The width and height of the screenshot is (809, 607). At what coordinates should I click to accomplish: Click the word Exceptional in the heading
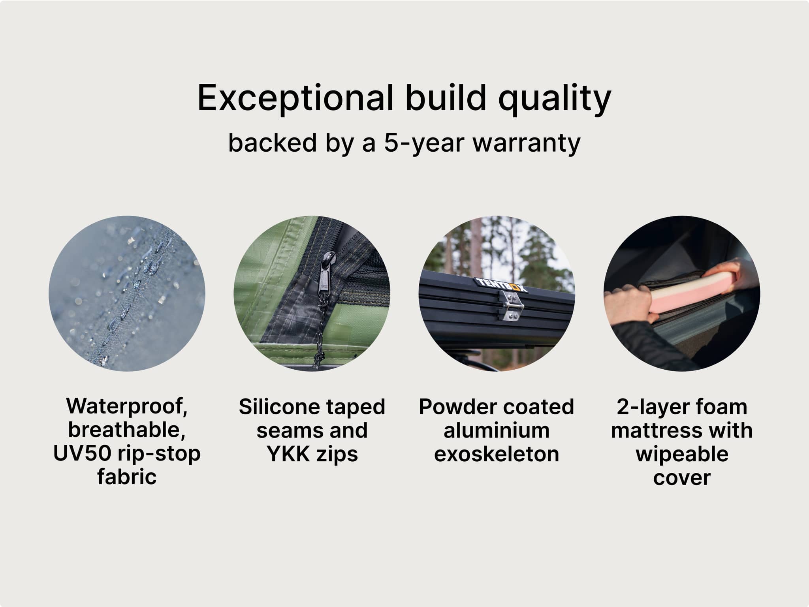[295, 98]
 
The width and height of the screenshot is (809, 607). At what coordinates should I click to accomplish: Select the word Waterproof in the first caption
[127, 406]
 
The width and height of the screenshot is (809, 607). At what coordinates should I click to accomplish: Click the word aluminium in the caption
[497, 430]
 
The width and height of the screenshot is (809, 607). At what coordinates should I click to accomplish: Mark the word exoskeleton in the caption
[497, 453]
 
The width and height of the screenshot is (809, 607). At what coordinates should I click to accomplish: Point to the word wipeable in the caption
[682, 454]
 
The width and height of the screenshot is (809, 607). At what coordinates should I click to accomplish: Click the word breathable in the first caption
[127, 430]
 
